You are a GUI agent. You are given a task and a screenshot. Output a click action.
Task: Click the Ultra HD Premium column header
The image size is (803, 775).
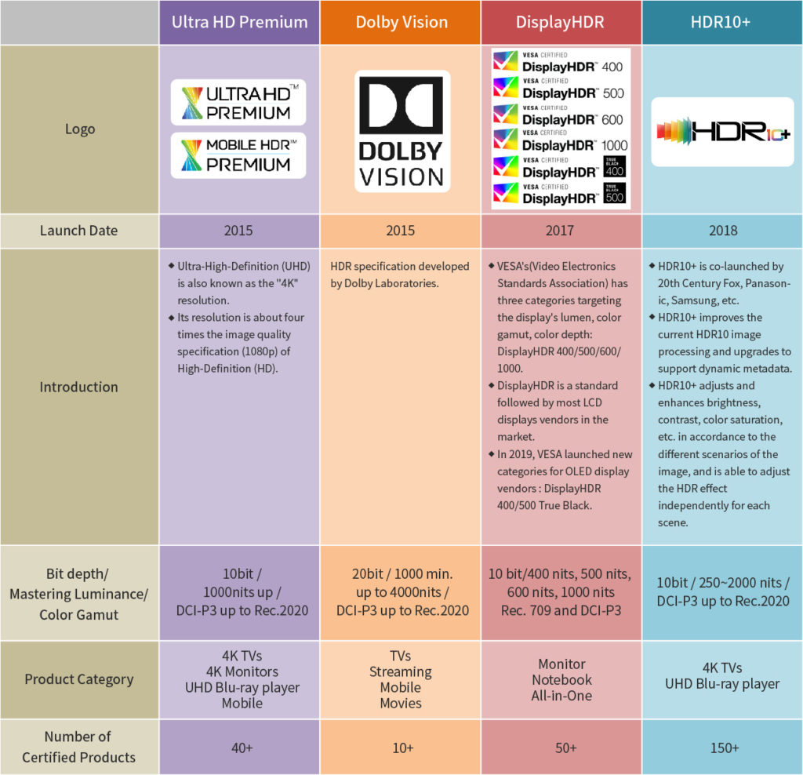coord(239,22)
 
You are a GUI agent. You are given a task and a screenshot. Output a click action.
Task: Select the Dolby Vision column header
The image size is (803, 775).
coord(401,22)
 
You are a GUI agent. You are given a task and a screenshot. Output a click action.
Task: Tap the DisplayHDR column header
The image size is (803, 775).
coord(561,22)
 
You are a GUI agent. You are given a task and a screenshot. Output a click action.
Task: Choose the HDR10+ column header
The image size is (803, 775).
coord(722,22)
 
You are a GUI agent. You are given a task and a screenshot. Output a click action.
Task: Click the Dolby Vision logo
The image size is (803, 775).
coord(402,131)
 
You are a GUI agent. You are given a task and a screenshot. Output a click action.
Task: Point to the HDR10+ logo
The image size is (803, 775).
coord(722,132)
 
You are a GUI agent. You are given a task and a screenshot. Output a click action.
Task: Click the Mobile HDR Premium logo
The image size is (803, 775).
coord(238,155)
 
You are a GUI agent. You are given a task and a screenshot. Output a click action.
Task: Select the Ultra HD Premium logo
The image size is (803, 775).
coord(238,103)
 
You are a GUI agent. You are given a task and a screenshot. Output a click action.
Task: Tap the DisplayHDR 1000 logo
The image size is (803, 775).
coord(560,140)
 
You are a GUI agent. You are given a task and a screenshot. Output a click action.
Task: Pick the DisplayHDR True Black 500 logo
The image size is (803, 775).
coord(560,194)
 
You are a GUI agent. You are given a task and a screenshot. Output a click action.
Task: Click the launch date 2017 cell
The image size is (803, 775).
coord(561,231)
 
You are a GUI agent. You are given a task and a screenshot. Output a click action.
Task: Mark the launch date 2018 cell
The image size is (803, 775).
coord(722,231)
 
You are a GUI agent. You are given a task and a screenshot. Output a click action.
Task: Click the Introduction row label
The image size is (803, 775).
coord(79,387)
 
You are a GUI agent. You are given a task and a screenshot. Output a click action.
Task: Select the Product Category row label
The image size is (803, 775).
coord(79,680)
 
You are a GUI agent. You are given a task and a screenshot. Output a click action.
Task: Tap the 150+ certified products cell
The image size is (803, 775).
coord(724,748)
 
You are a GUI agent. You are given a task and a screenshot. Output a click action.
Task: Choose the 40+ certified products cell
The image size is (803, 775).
coord(242,748)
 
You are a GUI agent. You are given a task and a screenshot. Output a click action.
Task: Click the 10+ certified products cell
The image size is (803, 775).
coord(402,748)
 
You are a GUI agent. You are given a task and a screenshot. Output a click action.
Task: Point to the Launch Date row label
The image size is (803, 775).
coord(79,231)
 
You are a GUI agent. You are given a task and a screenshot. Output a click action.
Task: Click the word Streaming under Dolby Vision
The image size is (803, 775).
coord(401,672)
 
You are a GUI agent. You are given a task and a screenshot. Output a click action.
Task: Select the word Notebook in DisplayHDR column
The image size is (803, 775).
coord(561,680)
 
